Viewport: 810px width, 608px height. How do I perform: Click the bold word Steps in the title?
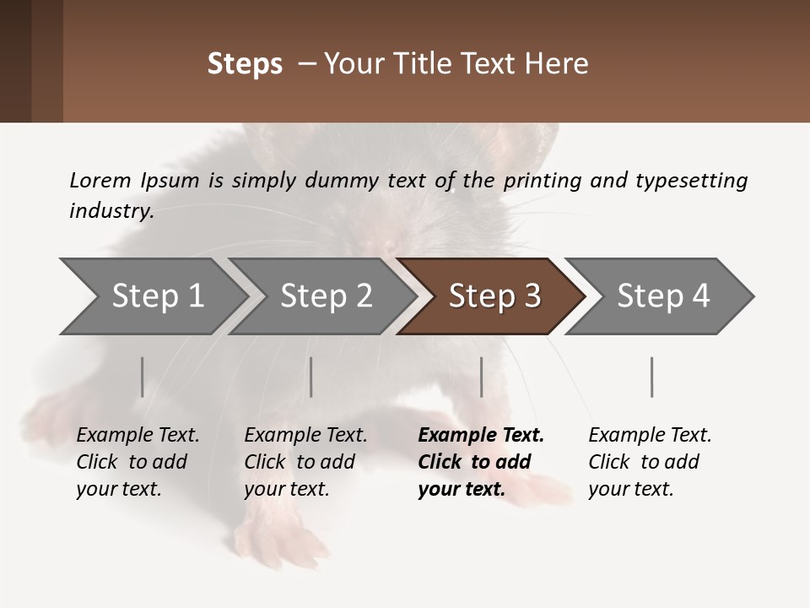click(x=245, y=64)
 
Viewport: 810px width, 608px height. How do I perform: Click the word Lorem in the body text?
click(x=100, y=180)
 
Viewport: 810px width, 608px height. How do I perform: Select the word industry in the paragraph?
click(x=111, y=211)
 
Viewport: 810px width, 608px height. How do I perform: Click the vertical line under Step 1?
click(x=143, y=377)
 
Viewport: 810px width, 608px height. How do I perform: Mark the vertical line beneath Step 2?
click(x=311, y=377)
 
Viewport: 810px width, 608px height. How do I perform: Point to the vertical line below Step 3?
click(x=482, y=377)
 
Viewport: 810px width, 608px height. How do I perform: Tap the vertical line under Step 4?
click(x=652, y=377)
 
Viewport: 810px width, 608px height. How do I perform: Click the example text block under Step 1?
click(x=138, y=462)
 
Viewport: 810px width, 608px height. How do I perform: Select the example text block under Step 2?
click(x=305, y=462)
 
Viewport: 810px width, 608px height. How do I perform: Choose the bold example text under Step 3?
click(x=481, y=462)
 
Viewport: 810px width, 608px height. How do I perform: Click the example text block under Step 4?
click(x=650, y=462)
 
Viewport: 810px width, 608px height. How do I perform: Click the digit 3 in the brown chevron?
click(x=532, y=296)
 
